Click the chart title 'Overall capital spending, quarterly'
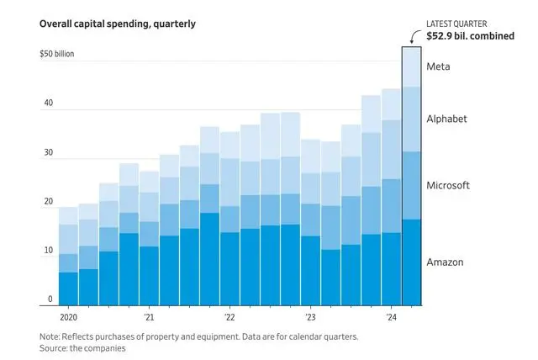click(x=117, y=24)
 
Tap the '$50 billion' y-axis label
click(x=58, y=54)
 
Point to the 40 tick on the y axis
click(x=49, y=103)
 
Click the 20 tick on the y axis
click(x=49, y=202)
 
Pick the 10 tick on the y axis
click(x=49, y=251)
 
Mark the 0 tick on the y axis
click(x=50, y=299)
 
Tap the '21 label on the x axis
click(x=149, y=318)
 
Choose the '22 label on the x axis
click(x=229, y=318)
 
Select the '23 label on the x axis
click(x=310, y=318)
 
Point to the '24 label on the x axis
click(x=391, y=318)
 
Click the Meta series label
click(x=439, y=66)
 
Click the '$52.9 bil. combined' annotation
click(x=471, y=36)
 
